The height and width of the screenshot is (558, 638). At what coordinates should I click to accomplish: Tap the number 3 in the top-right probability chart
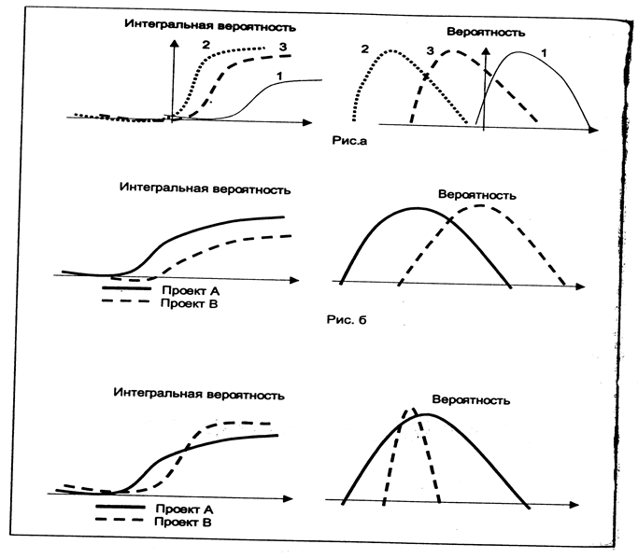click(x=431, y=50)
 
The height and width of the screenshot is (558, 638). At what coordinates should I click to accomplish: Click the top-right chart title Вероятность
click(x=486, y=32)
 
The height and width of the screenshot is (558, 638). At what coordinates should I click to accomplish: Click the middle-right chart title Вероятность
click(x=477, y=195)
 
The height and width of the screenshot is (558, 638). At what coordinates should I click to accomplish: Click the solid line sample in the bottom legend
click(x=121, y=509)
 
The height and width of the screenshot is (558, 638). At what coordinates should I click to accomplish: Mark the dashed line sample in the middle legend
click(x=126, y=303)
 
